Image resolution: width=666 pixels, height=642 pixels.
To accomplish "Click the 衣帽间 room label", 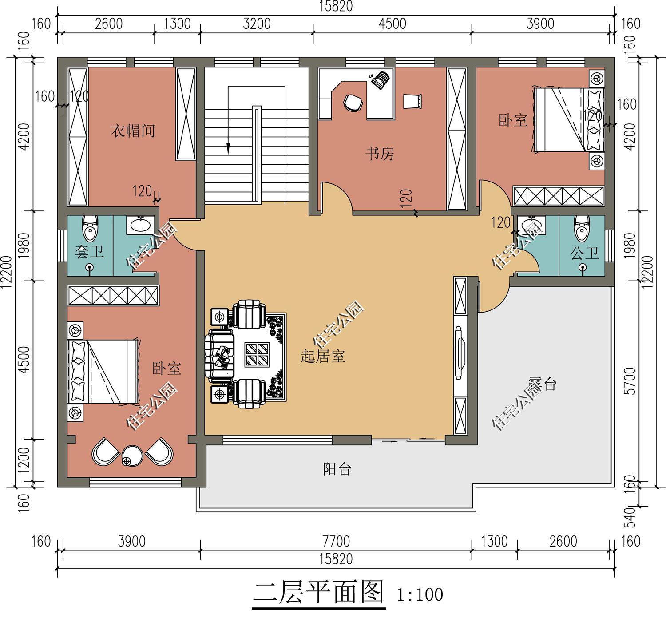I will [x=133, y=131].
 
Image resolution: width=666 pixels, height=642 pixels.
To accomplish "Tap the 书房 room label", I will [x=380, y=154].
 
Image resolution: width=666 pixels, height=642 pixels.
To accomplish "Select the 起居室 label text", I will [x=323, y=356].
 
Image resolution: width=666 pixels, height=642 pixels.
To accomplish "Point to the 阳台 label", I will [x=337, y=469].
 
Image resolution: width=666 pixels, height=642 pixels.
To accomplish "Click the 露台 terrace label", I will [x=542, y=384].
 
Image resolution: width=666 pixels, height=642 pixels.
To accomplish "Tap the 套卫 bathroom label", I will [x=89, y=252].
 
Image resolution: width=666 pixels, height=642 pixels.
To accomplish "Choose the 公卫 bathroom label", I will [x=585, y=254].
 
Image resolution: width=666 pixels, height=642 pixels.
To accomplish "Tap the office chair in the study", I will [x=353, y=103].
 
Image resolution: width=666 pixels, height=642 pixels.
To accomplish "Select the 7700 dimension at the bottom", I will [x=336, y=542].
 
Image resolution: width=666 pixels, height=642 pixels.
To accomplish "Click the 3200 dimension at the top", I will [x=257, y=24].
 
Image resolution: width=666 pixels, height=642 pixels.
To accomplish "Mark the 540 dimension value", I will [x=630, y=518].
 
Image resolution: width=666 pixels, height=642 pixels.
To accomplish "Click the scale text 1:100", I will [x=420, y=594].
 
